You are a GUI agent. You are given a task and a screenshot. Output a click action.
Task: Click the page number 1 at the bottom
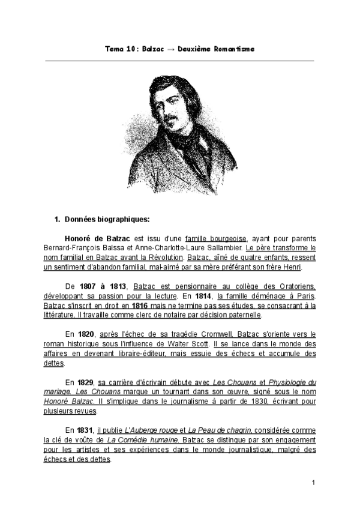click(x=314, y=482)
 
